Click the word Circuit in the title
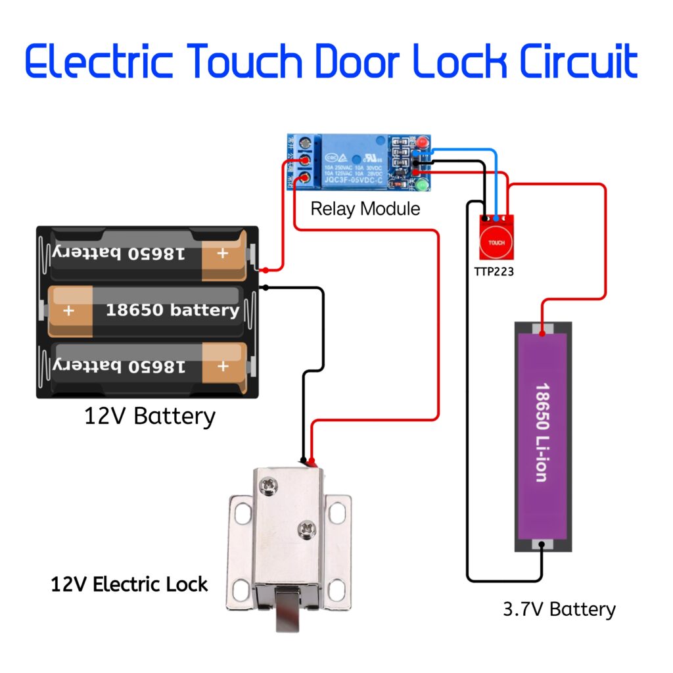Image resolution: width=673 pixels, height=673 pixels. tap(578, 62)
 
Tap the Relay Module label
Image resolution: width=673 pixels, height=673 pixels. tap(365, 209)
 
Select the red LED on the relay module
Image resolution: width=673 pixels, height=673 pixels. tap(421, 143)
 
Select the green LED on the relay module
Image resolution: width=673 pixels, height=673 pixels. tap(421, 187)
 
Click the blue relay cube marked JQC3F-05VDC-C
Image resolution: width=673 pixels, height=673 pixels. tap(354, 161)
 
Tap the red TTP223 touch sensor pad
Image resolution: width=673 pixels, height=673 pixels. tap(496, 242)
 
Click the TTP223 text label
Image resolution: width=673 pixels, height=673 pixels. tap(494, 271)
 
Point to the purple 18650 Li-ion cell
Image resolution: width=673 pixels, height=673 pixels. tap(542, 434)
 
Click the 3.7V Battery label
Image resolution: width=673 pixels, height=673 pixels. tap(559, 609)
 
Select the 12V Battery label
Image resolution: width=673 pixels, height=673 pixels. tap(149, 416)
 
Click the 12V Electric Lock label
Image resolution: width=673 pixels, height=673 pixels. tap(129, 584)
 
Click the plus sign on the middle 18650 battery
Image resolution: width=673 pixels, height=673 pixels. tap(69, 310)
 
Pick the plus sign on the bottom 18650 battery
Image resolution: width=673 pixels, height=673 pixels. tap(223, 366)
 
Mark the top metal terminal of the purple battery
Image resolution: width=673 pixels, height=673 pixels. tap(542, 327)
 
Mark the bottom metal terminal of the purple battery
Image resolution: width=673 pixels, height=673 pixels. tap(542, 545)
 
